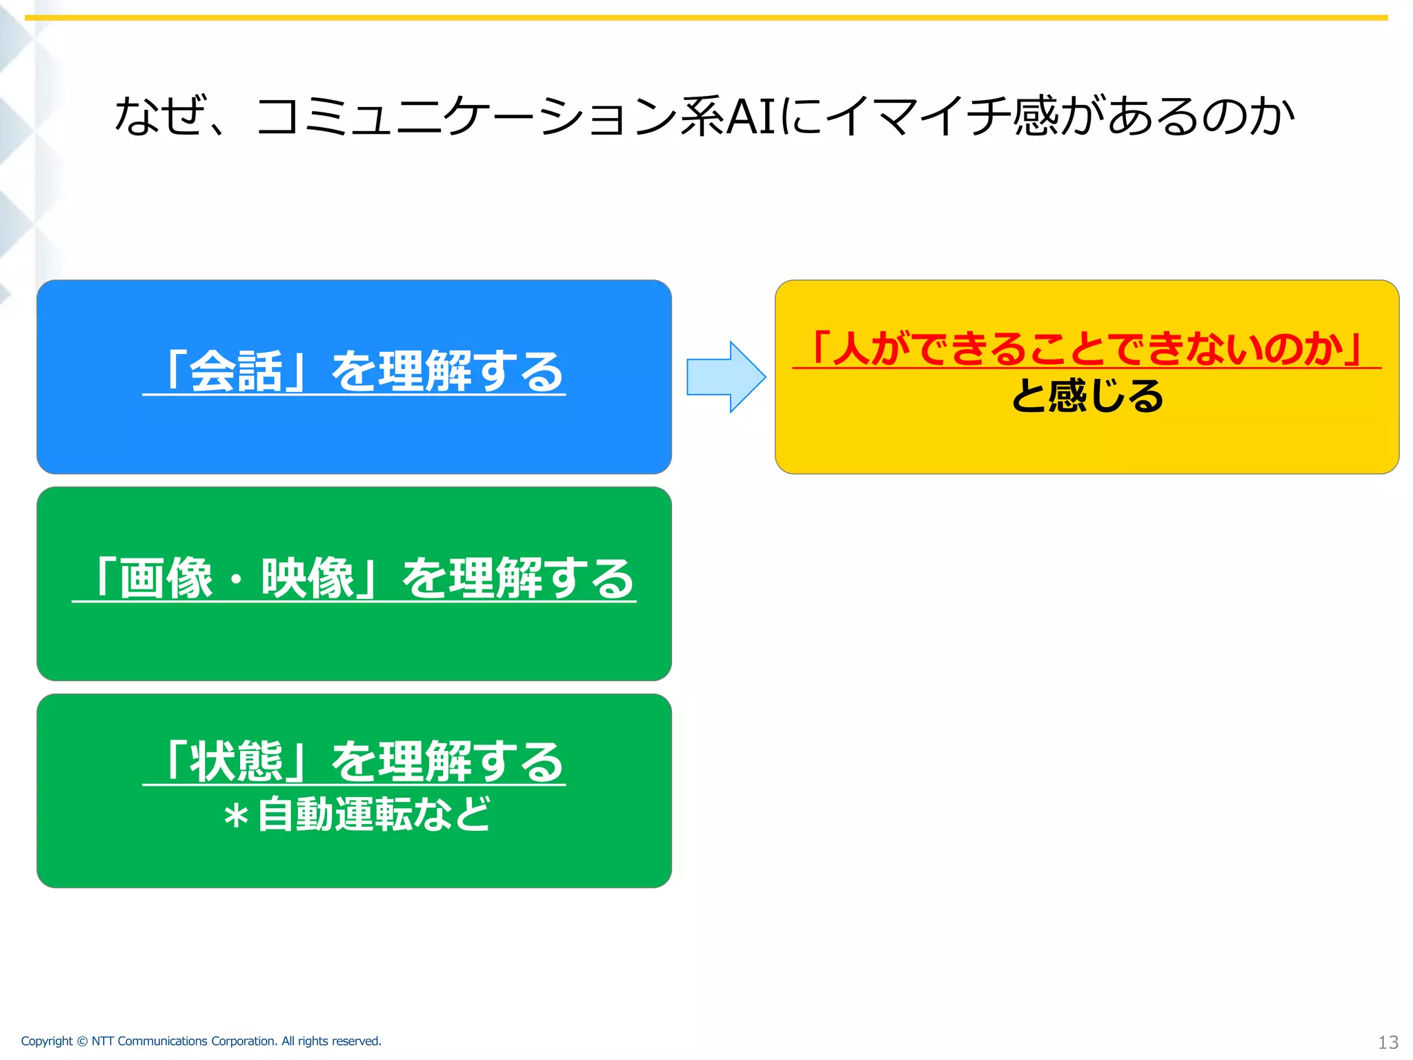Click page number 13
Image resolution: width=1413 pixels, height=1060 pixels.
point(1387,1042)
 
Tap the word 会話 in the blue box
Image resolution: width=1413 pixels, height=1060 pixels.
point(236,372)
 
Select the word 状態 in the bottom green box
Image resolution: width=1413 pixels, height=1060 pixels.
point(236,762)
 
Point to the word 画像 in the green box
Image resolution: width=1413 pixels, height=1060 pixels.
point(166,579)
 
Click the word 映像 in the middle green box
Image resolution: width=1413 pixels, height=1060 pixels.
point(308,579)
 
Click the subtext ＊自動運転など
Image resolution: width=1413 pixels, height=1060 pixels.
point(356,815)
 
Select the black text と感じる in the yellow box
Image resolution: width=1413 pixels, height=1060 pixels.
point(1087,397)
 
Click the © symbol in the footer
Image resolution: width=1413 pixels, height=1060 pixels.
point(82,1041)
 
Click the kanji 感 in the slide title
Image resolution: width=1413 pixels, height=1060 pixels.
point(1035,116)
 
